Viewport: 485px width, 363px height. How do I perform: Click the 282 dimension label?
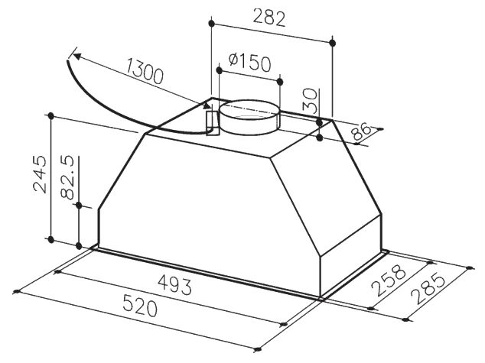[269, 18]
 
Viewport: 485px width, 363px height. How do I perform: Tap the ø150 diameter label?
[249, 63]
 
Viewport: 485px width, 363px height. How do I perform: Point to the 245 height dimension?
[41, 174]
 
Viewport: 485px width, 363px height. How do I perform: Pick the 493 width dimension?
[174, 285]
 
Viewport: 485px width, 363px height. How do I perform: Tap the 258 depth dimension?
[389, 280]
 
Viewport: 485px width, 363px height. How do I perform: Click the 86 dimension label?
[360, 132]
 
